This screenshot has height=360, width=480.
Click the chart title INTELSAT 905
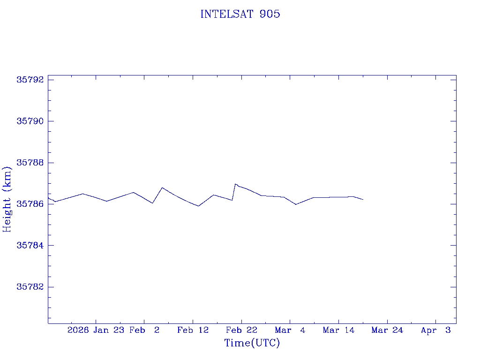[x=240, y=14]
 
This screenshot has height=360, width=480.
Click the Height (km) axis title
[x=7, y=199]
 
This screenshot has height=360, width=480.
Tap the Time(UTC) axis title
[x=252, y=343]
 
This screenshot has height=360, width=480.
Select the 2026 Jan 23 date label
[x=96, y=330]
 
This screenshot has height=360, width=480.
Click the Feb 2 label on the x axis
[x=145, y=330]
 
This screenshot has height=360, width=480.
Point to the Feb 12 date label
[x=193, y=330]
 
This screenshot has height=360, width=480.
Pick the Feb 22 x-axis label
[x=241, y=330]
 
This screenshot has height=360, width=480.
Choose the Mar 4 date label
[x=290, y=330]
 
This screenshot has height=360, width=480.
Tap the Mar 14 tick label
[x=338, y=330]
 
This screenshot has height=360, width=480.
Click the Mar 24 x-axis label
[x=387, y=330]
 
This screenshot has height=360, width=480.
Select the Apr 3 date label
[x=436, y=330]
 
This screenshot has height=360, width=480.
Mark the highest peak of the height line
[x=235, y=184]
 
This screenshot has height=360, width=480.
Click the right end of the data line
[x=363, y=200]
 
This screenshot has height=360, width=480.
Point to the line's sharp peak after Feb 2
[x=162, y=187]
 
